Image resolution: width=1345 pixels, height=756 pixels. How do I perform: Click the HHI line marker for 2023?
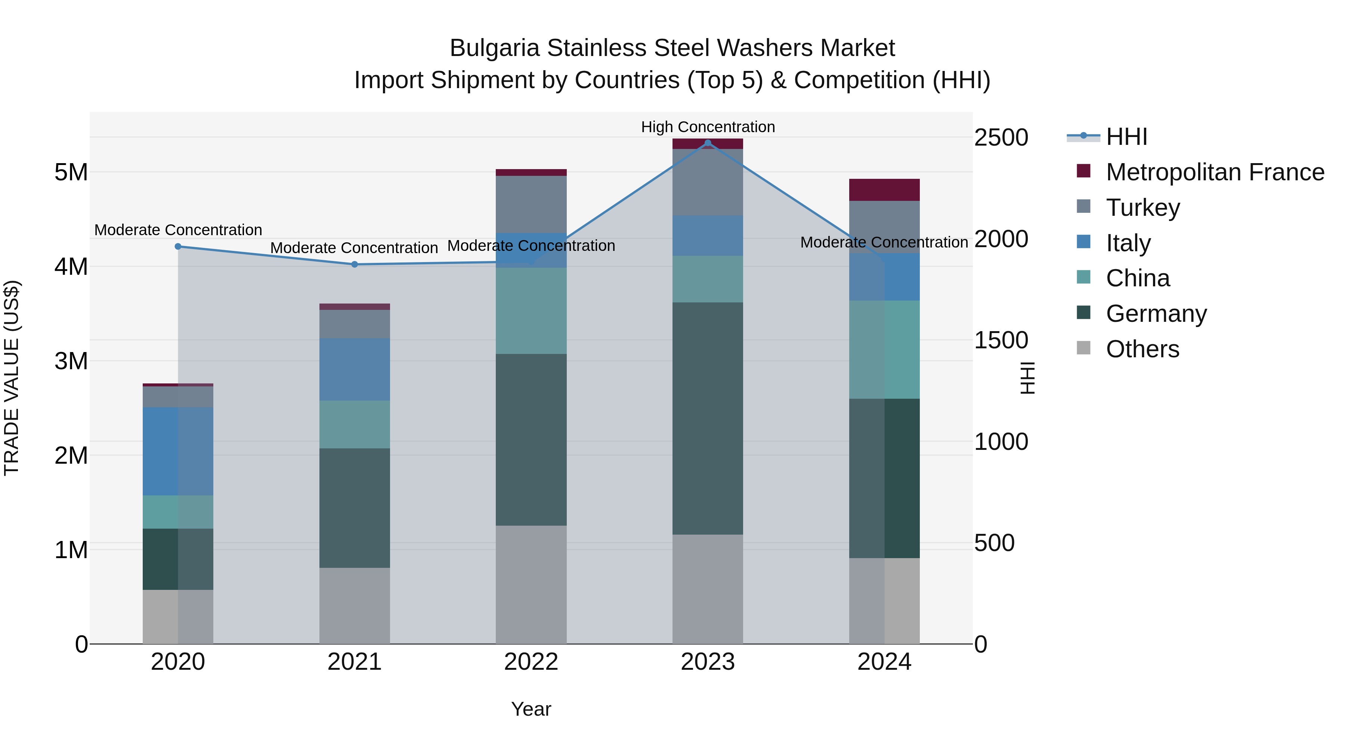click(x=708, y=143)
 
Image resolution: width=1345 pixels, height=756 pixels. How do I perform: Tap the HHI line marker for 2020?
click(x=178, y=246)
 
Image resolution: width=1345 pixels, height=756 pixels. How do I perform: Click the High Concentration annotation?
click(x=708, y=127)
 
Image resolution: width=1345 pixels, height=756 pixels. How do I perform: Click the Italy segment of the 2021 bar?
click(x=355, y=369)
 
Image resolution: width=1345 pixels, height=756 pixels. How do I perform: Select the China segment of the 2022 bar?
click(x=531, y=311)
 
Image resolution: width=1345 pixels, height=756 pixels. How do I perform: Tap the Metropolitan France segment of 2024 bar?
click(x=884, y=190)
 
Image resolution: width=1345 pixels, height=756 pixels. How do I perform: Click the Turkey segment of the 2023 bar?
click(x=708, y=182)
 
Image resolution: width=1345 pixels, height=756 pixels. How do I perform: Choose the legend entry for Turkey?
click(x=1143, y=208)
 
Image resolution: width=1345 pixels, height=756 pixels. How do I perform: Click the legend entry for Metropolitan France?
click(x=1215, y=172)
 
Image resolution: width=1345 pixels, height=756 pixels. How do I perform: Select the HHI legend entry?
click(x=1126, y=137)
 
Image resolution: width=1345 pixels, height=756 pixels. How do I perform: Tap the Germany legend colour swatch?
click(x=1083, y=313)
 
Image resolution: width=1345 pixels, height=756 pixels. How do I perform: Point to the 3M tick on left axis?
click(x=71, y=361)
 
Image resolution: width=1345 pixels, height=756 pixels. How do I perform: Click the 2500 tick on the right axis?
click(x=1001, y=138)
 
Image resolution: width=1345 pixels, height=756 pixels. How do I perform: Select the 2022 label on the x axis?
click(x=531, y=662)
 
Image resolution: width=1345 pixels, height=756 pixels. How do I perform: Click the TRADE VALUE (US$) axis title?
click(x=12, y=378)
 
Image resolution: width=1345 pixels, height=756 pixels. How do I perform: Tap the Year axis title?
click(x=531, y=709)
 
